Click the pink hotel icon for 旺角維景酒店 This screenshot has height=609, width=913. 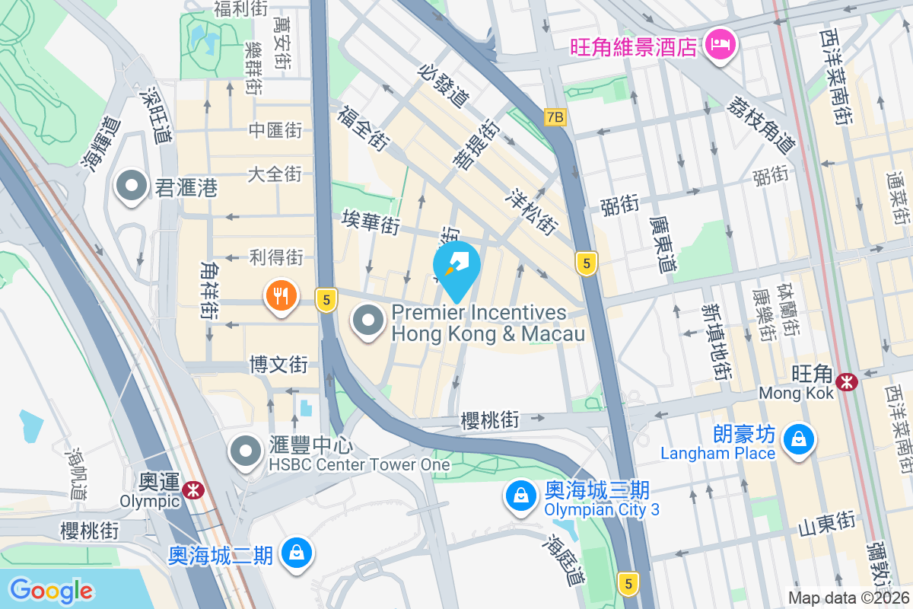pos(720,44)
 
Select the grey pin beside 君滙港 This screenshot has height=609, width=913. pos(132,186)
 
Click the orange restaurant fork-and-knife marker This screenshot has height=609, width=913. pos(282,295)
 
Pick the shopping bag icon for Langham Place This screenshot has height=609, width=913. pos(799,439)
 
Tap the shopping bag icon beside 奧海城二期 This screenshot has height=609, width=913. pos(294,553)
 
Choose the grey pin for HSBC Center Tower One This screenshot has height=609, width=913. pos(245,451)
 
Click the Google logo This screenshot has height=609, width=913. pos(51,591)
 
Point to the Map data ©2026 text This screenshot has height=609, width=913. pos(848,598)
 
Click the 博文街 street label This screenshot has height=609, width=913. pos(278,365)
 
